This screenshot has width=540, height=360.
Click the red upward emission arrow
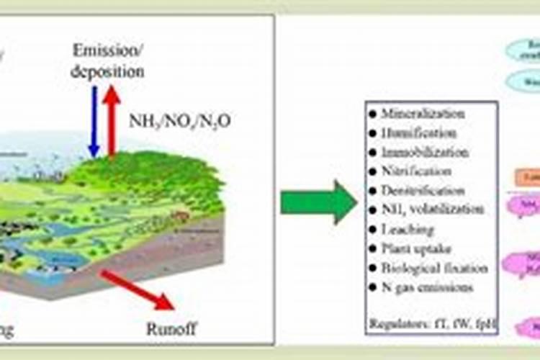pos(112,119)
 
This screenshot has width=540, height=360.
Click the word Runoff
pos(171,329)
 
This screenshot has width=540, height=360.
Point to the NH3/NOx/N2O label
pos(181,120)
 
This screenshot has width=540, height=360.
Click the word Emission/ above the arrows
pos(109,50)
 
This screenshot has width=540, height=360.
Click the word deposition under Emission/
pos(108,71)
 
